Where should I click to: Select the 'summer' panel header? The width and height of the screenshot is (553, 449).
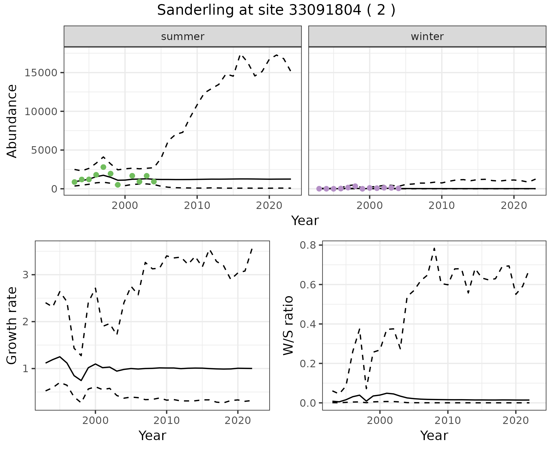(x=183, y=37)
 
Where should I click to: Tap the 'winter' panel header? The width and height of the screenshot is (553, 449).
(x=427, y=37)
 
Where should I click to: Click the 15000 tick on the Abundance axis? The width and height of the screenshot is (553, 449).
(x=41, y=73)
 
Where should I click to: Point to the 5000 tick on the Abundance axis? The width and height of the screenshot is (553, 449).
(x=44, y=150)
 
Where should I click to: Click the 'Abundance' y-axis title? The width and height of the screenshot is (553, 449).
(x=12, y=121)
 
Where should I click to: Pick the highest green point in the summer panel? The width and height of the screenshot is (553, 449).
(x=103, y=167)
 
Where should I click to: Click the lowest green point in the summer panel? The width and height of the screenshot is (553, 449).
(x=118, y=185)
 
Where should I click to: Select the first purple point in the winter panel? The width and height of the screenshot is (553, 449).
(x=319, y=189)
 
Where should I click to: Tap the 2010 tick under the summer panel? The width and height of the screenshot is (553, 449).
(x=197, y=206)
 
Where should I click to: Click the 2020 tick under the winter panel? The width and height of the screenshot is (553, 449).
(x=514, y=206)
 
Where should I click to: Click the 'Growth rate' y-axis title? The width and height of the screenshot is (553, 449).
(x=12, y=326)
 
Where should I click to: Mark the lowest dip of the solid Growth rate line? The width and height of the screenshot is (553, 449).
(x=81, y=380)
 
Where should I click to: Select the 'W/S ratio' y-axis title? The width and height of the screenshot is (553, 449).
(x=288, y=326)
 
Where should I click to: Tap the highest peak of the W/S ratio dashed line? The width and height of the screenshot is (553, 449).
(x=434, y=248)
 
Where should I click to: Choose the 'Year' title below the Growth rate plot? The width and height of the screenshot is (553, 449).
(x=152, y=435)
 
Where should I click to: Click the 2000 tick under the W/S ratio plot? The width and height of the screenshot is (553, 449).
(x=380, y=421)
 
